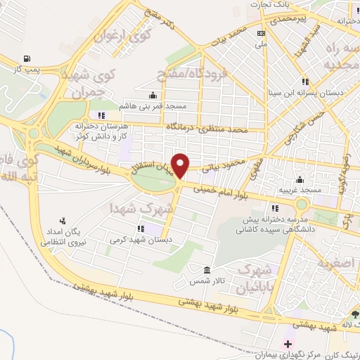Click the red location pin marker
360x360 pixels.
pyautogui.click(x=180, y=165)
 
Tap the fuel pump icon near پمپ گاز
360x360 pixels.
pyautogui.click(x=27, y=58)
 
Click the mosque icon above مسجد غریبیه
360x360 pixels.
pyautogui.click(x=300, y=179)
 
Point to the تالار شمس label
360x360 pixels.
pyautogui.click(x=207, y=281)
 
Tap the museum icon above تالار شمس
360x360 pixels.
pyautogui.click(x=207, y=271)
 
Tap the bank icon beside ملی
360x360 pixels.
pyautogui.click(x=261, y=33)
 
